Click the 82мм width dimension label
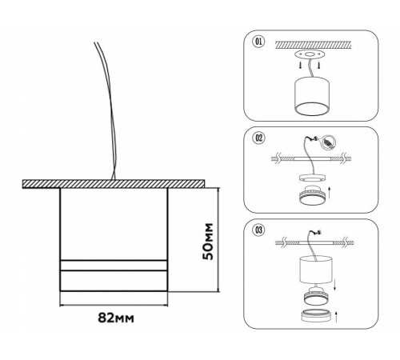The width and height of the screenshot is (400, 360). pos(116,318)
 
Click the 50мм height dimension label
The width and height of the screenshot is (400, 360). pos(208,242)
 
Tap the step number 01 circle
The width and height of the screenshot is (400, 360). pos(258,42)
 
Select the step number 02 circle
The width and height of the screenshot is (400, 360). pos(258,138)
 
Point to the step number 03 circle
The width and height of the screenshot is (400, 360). pos(258,230)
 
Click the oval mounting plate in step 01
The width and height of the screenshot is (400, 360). pos(310,55)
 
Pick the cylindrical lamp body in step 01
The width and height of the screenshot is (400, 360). pos(312,96)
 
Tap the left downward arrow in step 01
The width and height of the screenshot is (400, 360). pos(301,66)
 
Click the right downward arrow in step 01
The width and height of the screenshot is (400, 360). pos(318,66)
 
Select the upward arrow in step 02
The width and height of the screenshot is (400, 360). pos(330,193)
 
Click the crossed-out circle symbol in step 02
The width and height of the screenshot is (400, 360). pos(329,142)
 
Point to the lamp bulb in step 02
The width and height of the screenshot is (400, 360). pos(312,195)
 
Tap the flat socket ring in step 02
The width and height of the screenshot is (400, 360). pos(312,178)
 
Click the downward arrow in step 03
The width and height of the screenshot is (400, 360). pos(335,286)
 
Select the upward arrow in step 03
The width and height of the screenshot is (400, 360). pos(335,316)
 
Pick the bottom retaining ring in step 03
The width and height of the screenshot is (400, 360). pos(316,316)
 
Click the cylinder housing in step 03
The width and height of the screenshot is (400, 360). pos(316,270)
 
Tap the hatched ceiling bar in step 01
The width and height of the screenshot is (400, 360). pos(313,45)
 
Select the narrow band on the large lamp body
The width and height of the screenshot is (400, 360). pos(114,266)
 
